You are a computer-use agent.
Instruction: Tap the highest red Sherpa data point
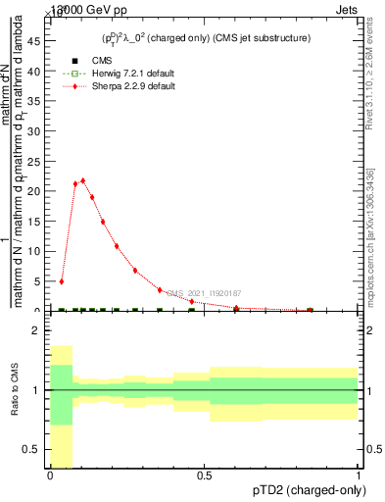[83, 180]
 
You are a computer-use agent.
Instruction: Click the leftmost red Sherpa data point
[61, 281]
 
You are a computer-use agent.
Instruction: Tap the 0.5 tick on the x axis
[204, 476]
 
